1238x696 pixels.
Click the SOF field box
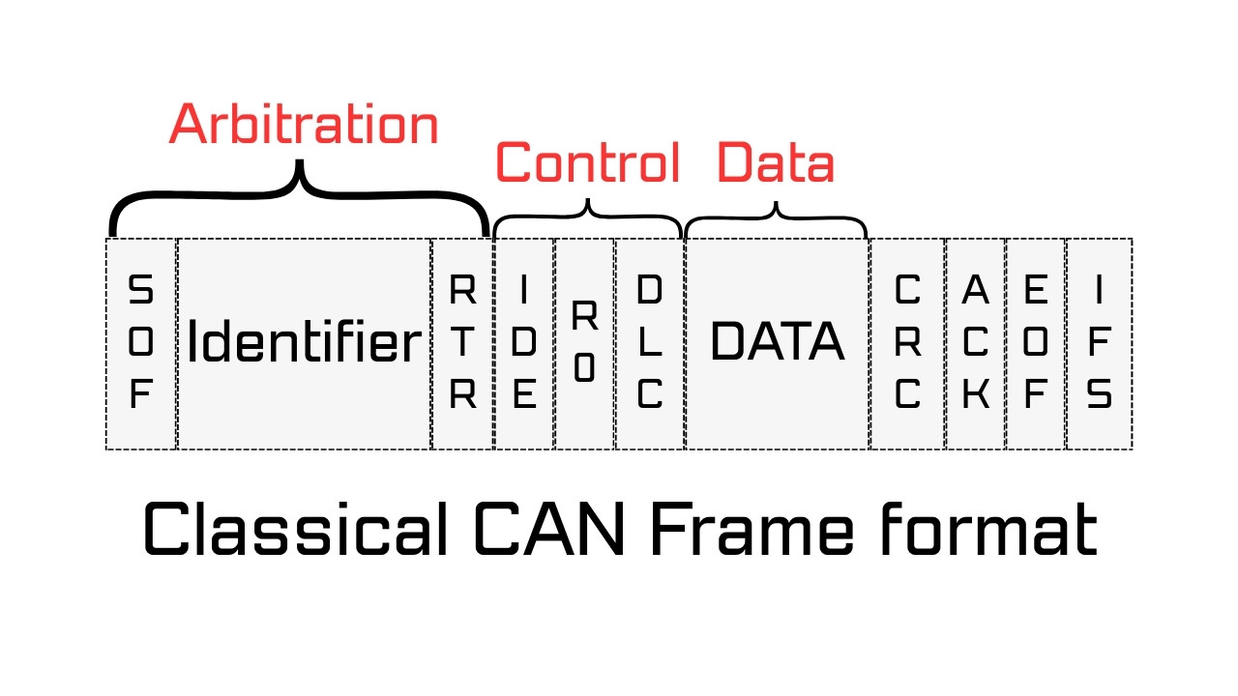[x=141, y=343]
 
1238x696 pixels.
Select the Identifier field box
[x=304, y=343]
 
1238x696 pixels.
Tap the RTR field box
[x=462, y=343]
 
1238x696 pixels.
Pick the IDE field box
[x=524, y=343]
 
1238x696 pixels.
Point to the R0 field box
[x=584, y=343]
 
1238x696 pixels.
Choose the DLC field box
[x=649, y=343]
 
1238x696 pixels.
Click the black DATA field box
[x=777, y=343]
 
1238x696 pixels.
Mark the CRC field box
[x=907, y=343]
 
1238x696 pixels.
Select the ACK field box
[x=975, y=343]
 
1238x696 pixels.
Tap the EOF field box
[x=1035, y=343]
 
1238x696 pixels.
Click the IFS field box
[x=1099, y=343]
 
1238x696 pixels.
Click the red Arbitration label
[x=304, y=125]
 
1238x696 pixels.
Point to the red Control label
[x=588, y=162]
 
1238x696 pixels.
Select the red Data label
[x=776, y=162]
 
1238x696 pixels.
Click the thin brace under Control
[x=588, y=215]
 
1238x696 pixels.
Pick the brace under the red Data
[x=777, y=215]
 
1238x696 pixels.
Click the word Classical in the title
[x=296, y=529]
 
